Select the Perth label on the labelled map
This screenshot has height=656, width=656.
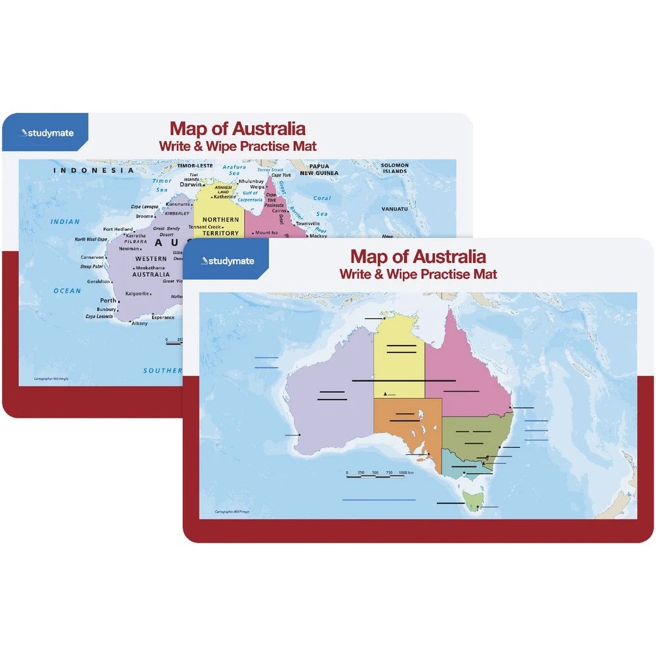(x=108, y=300)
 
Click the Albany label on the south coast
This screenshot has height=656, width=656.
(x=139, y=323)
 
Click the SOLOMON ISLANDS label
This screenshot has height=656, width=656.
(x=396, y=169)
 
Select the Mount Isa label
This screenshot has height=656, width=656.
(x=266, y=232)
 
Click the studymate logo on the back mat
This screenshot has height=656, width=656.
(x=48, y=133)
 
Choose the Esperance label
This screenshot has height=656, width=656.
(x=163, y=318)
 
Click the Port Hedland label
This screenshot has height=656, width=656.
(x=117, y=229)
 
